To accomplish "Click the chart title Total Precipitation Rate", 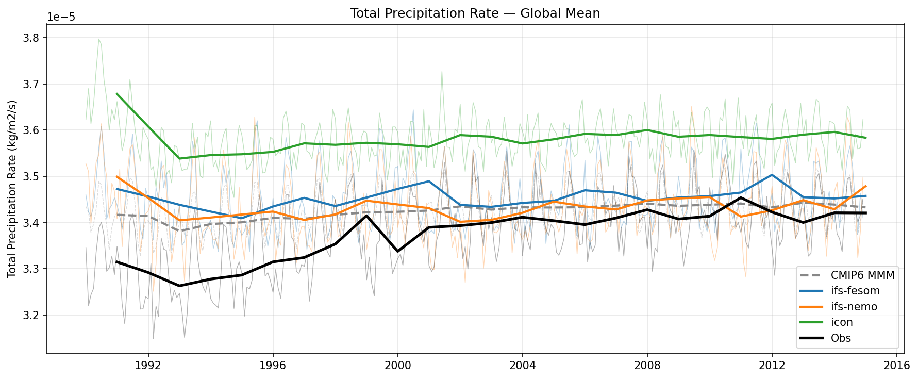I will click(x=475, y=13).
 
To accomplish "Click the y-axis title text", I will click(x=12, y=189).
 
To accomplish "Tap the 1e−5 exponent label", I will click(x=61, y=17).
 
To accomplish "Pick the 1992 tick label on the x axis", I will click(x=148, y=366).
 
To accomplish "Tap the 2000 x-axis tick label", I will click(x=397, y=366).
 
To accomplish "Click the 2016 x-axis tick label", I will click(x=896, y=366).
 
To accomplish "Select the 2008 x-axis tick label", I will click(x=647, y=366).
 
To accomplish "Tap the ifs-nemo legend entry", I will click(x=854, y=307).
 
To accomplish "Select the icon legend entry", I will click(x=842, y=322).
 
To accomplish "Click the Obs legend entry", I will click(x=841, y=338).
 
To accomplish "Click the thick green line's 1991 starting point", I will click(x=117, y=94).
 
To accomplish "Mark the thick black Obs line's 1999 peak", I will click(x=366, y=216).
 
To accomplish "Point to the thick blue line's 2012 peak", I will click(x=772, y=175).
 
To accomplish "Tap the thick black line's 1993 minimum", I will click(x=179, y=286).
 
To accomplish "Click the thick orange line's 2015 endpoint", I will click(x=865, y=186).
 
